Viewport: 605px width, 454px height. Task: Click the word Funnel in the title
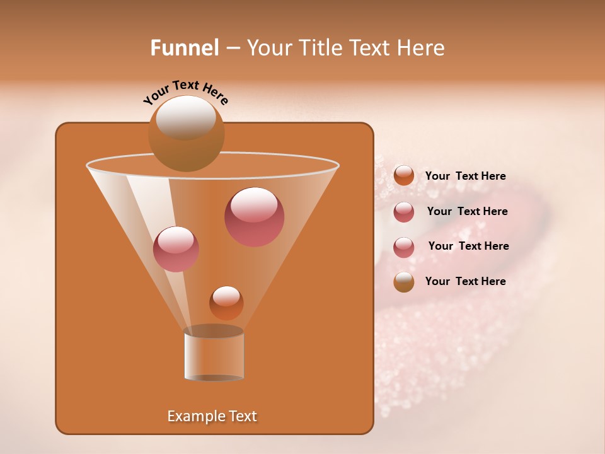tap(185, 48)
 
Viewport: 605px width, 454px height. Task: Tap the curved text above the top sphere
tap(186, 91)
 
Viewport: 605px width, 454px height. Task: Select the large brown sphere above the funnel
tap(186, 134)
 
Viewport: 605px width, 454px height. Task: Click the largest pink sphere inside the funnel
tap(254, 217)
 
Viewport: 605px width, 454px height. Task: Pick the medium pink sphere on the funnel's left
tap(176, 249)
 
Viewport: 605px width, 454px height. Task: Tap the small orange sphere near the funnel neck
tap(226, 303)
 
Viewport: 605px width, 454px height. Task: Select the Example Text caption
tap(212, 416)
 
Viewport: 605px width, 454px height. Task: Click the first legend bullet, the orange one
tap(404, 175)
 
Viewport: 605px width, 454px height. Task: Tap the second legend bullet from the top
tap(404, 212)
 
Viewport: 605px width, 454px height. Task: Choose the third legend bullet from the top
tap(404, 247)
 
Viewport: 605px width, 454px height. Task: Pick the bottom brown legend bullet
tap(404, 282)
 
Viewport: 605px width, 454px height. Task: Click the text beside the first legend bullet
tap(465, 176)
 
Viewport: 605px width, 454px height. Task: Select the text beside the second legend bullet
tap(467, 211)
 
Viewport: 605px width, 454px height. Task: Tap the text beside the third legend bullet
tap(468, 246)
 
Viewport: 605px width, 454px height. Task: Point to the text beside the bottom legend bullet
tap(465, 281)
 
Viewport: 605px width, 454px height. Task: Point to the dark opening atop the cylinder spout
tap(214, 331)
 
